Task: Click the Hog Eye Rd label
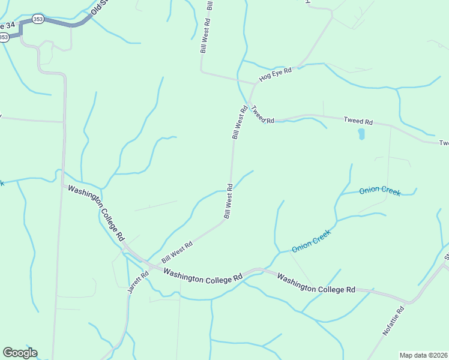click(276, 74)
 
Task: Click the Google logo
click(20, 353)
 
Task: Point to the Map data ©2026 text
click(423, 355)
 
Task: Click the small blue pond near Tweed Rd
click(361, 134)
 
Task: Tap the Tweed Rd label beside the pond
click(358, 121)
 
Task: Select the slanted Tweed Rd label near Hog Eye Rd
click(262, 115)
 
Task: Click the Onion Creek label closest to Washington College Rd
click(312, 241)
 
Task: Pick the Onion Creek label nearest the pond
click(379, 191)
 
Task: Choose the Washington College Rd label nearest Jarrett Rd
click(202, 275)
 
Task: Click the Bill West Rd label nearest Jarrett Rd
click(177, 253)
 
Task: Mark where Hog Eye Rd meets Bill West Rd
click(254, 83)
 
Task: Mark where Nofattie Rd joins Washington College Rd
click(410, 302)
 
